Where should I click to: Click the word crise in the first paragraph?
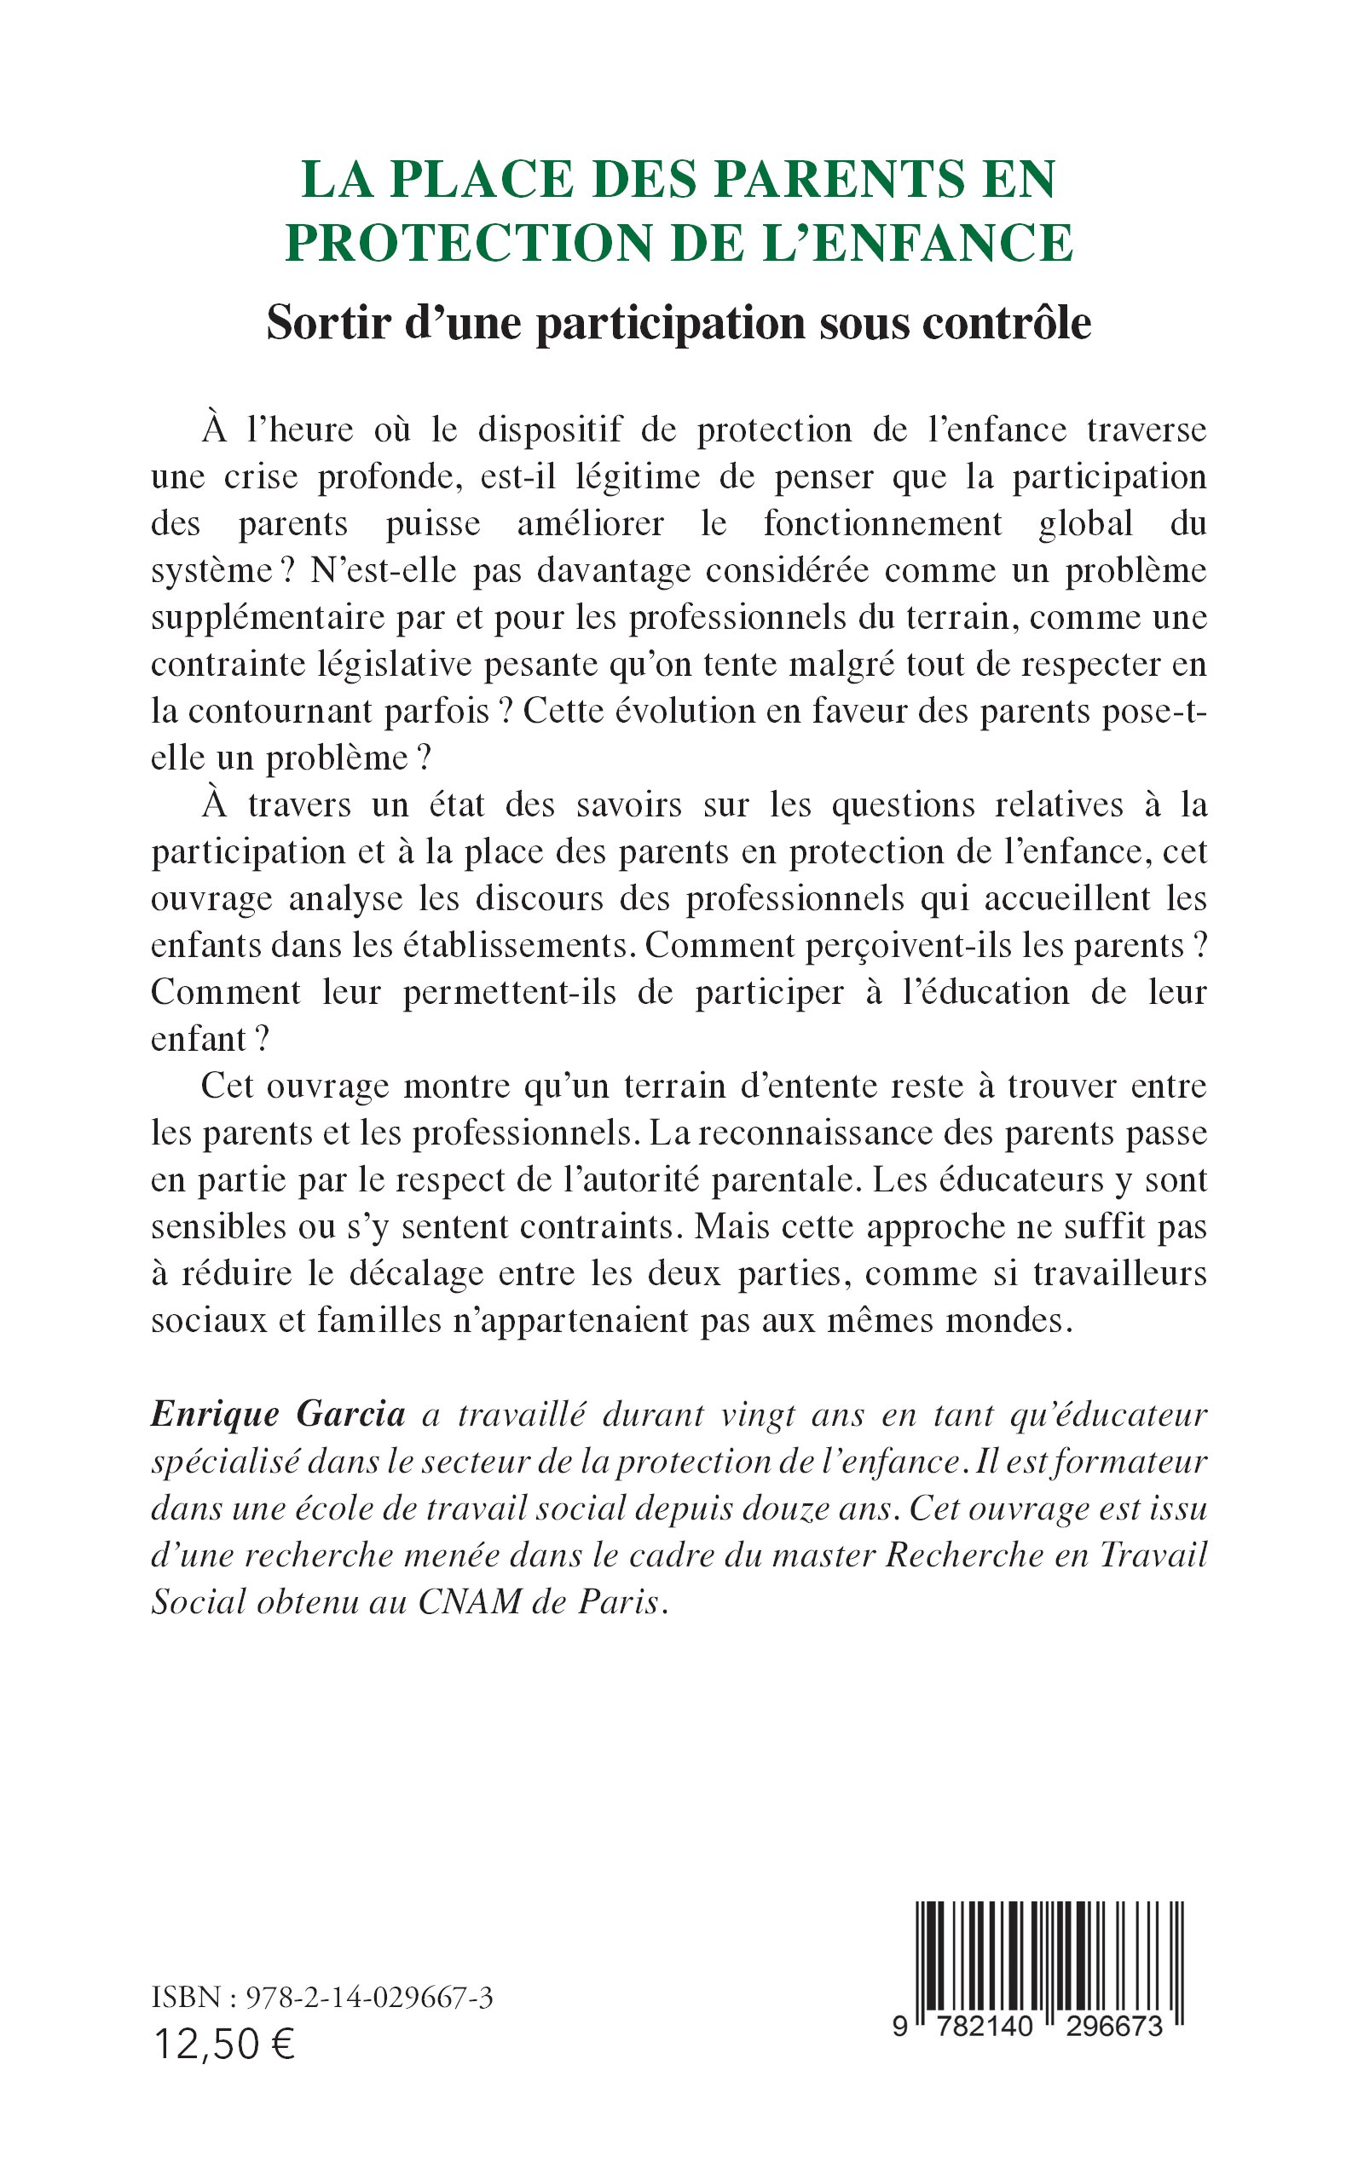point(261,476)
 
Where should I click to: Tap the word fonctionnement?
point(882,523)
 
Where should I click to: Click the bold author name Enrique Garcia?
point(279,1414)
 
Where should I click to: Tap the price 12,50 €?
point(224,2045)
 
